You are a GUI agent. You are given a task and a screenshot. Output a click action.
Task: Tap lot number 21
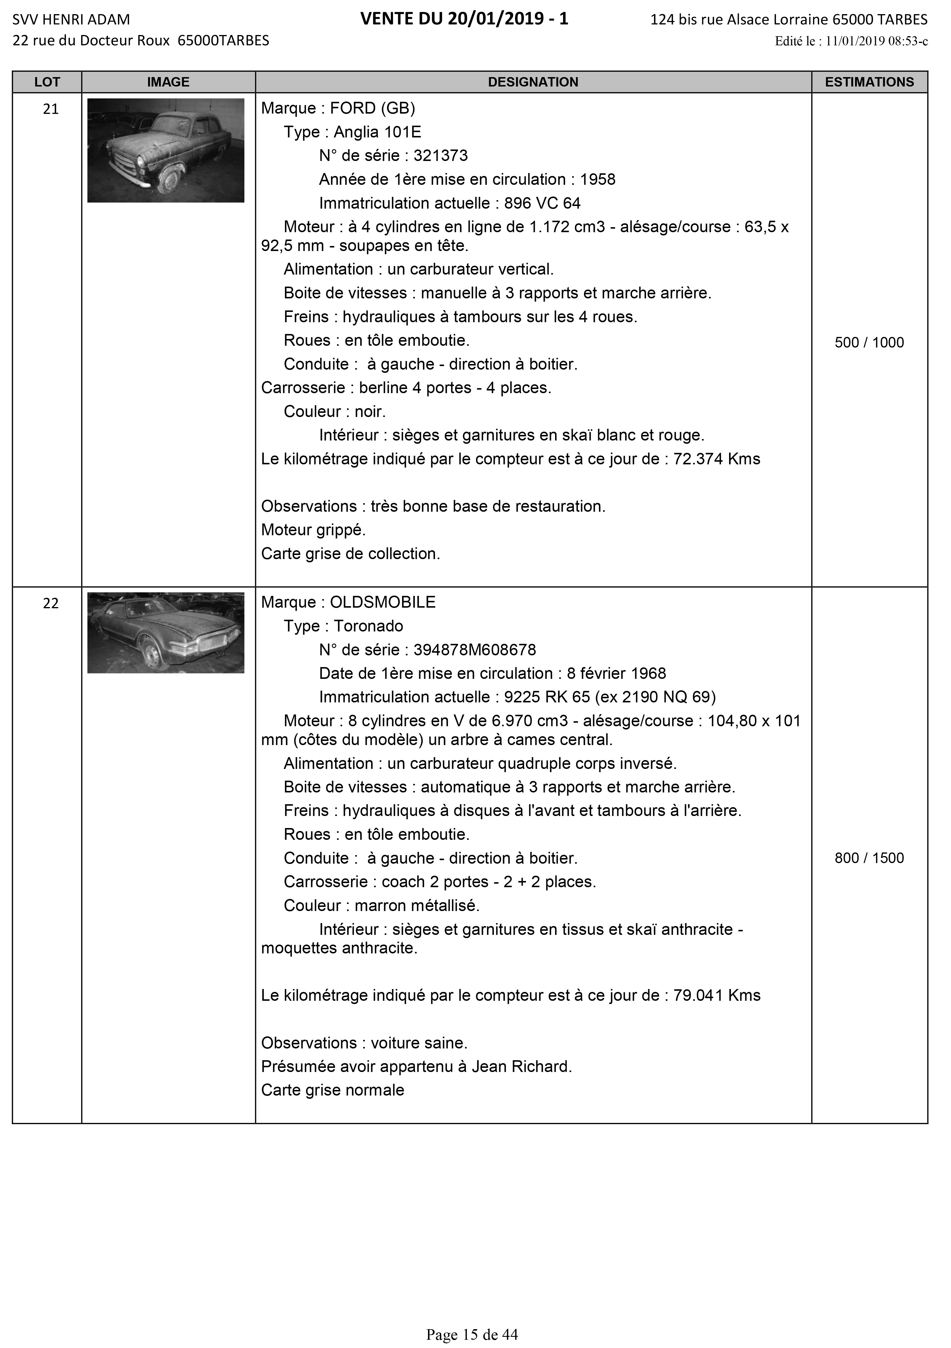51,109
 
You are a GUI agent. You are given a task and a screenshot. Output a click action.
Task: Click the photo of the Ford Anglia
166,150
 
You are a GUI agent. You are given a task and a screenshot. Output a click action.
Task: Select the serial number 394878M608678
475,650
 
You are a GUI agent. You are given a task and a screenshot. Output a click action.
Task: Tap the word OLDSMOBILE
383,602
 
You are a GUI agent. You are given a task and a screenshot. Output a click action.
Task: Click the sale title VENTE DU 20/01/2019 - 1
464,19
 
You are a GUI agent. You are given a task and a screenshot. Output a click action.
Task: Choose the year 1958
598,180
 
